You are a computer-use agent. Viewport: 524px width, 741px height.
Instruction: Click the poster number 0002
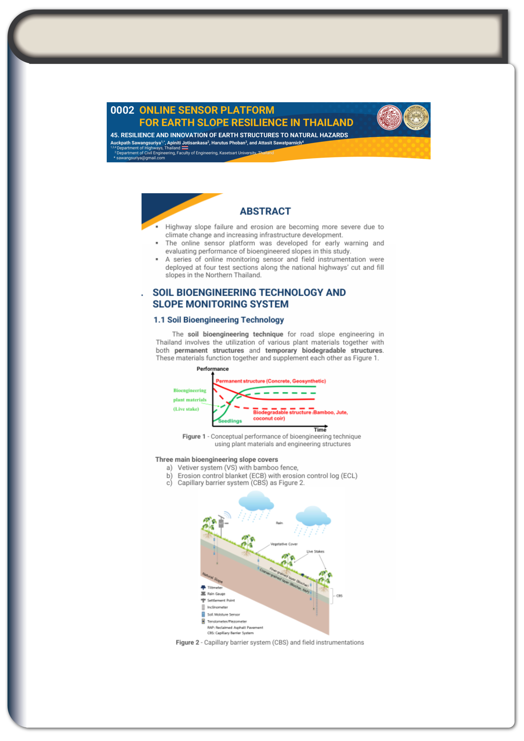click(122, 110)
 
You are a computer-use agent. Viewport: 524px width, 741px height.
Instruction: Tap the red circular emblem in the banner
click(389, 117)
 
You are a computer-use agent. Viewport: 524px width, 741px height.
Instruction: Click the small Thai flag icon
click(185, 148)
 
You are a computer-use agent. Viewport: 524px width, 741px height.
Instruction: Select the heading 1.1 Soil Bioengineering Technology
click(218, 320)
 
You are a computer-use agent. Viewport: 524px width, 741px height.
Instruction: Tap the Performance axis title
click(212, 369)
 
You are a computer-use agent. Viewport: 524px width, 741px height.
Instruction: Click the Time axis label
click(320, 430)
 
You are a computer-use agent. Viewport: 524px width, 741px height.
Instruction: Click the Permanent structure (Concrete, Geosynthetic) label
click(270, 381)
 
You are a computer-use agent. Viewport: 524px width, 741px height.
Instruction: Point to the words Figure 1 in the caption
click(194, 436)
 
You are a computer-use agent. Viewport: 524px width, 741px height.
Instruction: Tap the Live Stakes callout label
click(315, 551)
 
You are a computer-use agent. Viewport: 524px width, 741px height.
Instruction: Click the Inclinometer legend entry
click(217, 607)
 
